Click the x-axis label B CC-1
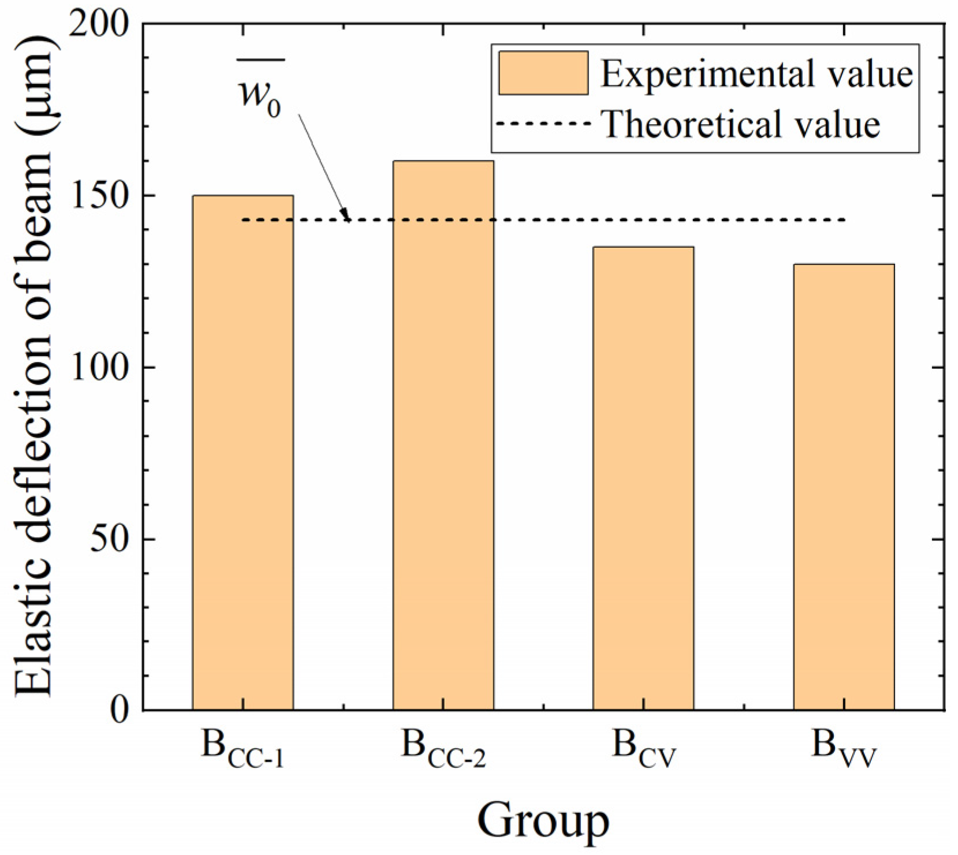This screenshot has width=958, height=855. pos(243,749)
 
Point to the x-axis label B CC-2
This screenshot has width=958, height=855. pos(443,749)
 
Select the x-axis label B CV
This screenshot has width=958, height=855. pos(643,749)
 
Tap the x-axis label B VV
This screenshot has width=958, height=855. pos(844,749)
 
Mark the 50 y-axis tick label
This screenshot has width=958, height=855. pos(109,539)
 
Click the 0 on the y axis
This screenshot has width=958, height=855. pos(120,709)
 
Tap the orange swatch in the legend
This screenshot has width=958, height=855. pos(543,73)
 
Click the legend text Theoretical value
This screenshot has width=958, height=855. pos(741,124)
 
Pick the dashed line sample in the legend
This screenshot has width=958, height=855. pos(543,124)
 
